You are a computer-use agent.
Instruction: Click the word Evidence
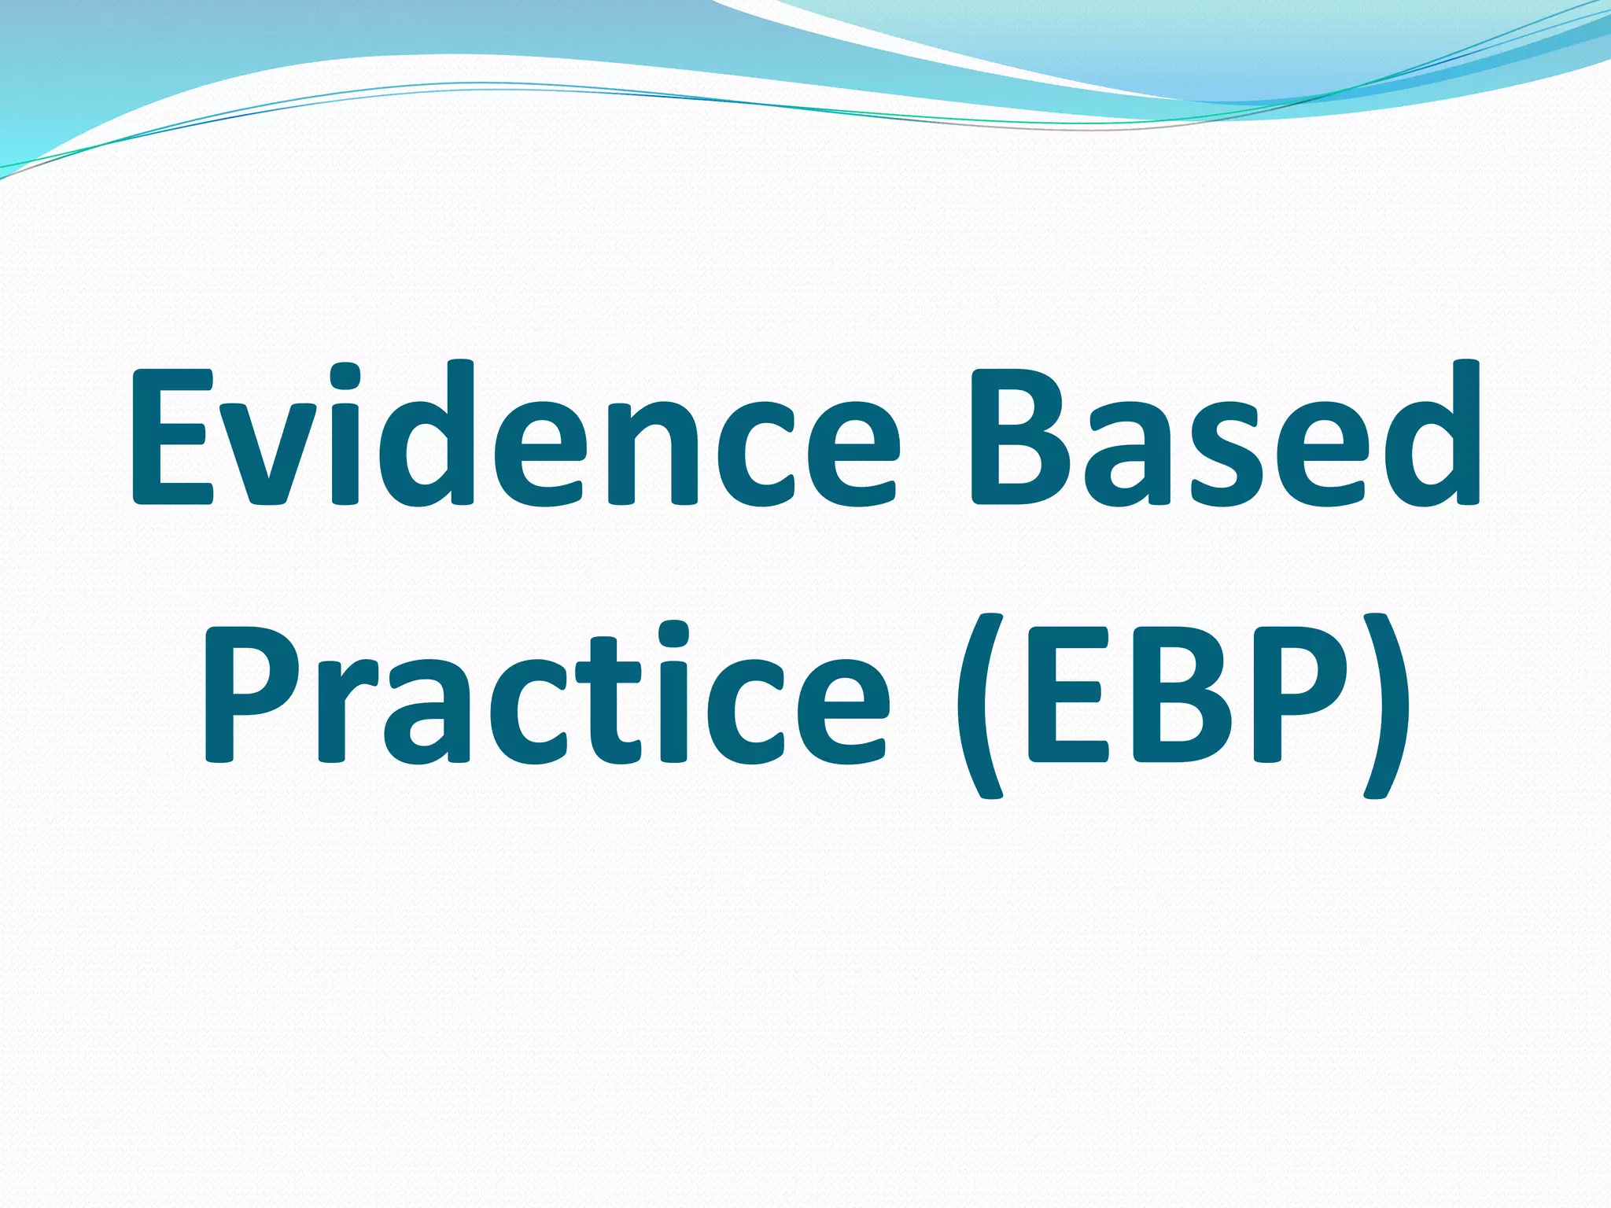(x=515, y=436)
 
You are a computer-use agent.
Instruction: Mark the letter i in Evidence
(x=345, y=436)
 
